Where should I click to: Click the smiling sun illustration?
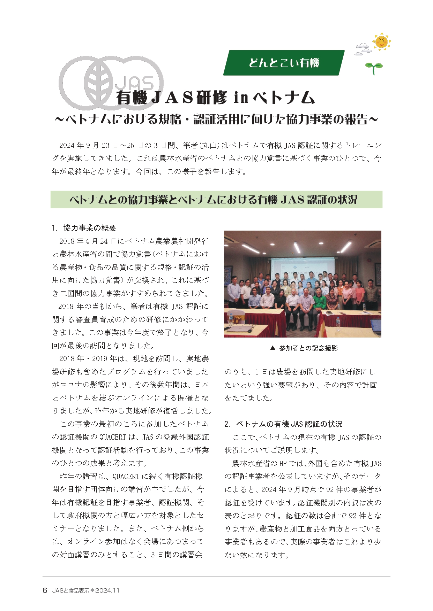pos(381,41)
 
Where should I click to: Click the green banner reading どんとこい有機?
pos(284,63)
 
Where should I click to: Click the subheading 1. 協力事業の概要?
pos(84,228)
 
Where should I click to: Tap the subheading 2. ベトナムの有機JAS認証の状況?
pos(283,424)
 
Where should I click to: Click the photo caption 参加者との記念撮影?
pos(308,348)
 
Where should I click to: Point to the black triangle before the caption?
pos(273,348)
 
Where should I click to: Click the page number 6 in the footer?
pos(45,590)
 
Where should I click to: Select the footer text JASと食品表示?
pos(70,591)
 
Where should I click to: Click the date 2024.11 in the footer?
pos(107,591)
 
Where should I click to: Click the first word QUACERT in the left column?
pos(112,437)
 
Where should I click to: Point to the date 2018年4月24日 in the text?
pos(87,241)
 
